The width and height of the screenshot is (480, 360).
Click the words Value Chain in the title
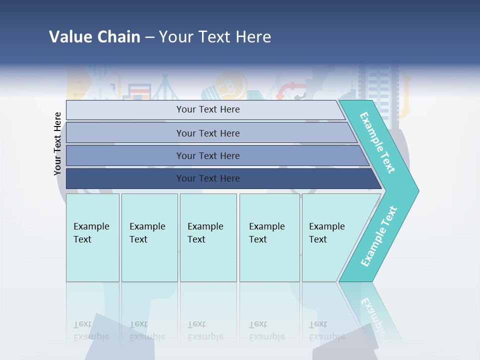(94, 37)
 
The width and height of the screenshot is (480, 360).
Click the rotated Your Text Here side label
(58, 143)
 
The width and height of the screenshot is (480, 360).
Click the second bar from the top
(207, 133)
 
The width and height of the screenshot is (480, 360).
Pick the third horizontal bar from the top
(207, 155)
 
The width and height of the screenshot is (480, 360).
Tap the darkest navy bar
(207, 178)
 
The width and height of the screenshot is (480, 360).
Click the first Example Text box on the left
(92, 237)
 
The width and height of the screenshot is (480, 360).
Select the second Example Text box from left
(149, 237)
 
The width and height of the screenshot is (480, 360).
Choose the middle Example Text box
(207, 237)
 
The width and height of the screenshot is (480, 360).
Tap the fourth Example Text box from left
(269, 237)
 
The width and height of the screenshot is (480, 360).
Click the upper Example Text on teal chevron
(377, 142)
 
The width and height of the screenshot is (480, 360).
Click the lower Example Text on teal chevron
(379, 236)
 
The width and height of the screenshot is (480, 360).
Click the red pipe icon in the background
(290, 90)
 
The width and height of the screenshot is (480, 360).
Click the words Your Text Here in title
(215, 37)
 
